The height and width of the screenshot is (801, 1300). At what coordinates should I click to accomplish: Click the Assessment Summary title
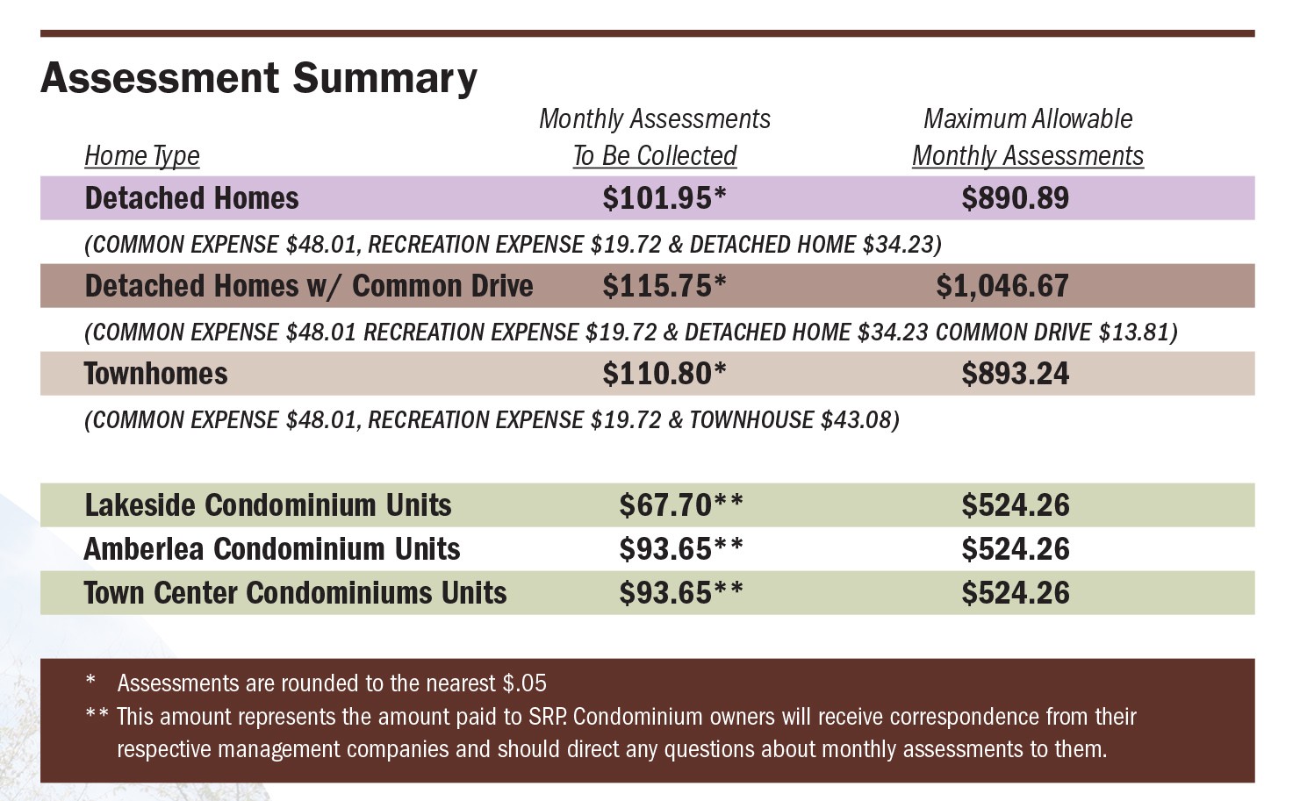pyautogui.click(x=259, y=78)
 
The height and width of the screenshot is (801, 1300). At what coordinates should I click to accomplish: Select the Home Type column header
pyautogui.click(x=142, y=155)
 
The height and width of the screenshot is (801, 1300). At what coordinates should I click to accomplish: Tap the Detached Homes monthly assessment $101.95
pyautogui.click(x=664, y=198)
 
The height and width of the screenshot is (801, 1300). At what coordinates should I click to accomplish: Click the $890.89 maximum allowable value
pyautogui.click(x=1015, y=198)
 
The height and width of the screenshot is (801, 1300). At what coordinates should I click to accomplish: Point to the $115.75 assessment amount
pyautogui.click(x=664, y=286)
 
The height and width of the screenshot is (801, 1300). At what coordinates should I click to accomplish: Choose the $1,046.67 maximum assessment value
pyautogui.click(x=1002, y=286)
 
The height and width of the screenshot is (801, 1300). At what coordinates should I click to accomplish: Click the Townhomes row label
pyautogui.click(x=156, y=374)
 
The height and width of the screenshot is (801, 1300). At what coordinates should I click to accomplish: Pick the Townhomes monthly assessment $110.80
pyautogui.click(x=664, y=374)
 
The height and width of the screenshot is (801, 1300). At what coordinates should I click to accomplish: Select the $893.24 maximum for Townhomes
pyautogui.click(x=1015, y=374)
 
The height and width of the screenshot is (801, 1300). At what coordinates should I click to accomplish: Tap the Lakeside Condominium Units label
pyautogui.click(x=268, y=505)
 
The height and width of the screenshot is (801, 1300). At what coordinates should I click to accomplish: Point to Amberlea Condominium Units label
pyautogui.click(x=272, y=549)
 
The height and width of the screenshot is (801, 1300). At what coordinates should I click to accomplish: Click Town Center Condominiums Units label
pyautogui.click(x=295, y=593)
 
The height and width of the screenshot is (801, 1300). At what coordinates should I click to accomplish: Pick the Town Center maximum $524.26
pyautogui.click(x=1015, y=593)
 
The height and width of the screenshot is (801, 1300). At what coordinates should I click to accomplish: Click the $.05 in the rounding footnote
pyautogui.click(x=524, y=683)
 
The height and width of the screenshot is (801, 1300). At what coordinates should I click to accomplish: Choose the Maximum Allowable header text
pyautogui.click(x=1028, y=118)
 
